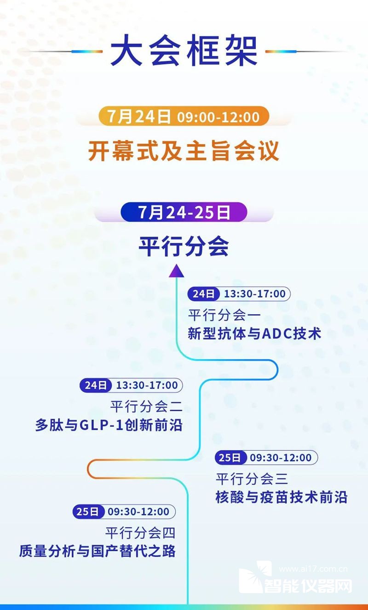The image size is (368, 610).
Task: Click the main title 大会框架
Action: [x=184, y=51]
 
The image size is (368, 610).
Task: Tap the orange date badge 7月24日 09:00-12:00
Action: [x=184, y=116]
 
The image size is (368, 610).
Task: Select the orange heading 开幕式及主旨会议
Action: [x=184, y=151]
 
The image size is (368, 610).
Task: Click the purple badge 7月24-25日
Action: [x=184, y=212]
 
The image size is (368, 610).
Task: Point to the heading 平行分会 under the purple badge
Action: [x=184, y=247]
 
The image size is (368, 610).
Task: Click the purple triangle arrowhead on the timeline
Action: [x=177, y=271]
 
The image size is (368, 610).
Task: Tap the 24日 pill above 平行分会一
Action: [x=203, y=294]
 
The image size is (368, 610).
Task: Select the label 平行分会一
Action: [x=224, y=316]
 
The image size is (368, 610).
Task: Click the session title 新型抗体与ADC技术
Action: [x=254, y=333]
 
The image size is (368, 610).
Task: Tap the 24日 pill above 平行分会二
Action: [x=96, y=385]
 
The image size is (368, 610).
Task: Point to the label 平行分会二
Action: [x=146, y=407]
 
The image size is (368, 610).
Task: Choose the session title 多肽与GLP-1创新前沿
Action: [x=109, y=425]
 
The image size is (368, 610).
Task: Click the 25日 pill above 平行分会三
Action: [x=231, y=457]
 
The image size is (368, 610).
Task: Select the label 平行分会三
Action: [x=252, y=479]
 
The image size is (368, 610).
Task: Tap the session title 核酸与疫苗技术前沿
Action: [x=281, y=497]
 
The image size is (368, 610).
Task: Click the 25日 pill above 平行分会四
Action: [x=89, y=511]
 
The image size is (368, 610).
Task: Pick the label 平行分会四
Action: [x=140, y=533]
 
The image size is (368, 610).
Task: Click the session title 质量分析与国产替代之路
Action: [x=97, y=551]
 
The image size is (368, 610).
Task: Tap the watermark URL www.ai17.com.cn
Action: [x=313, y=569]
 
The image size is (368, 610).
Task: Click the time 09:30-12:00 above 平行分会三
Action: [x=281, y=457]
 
